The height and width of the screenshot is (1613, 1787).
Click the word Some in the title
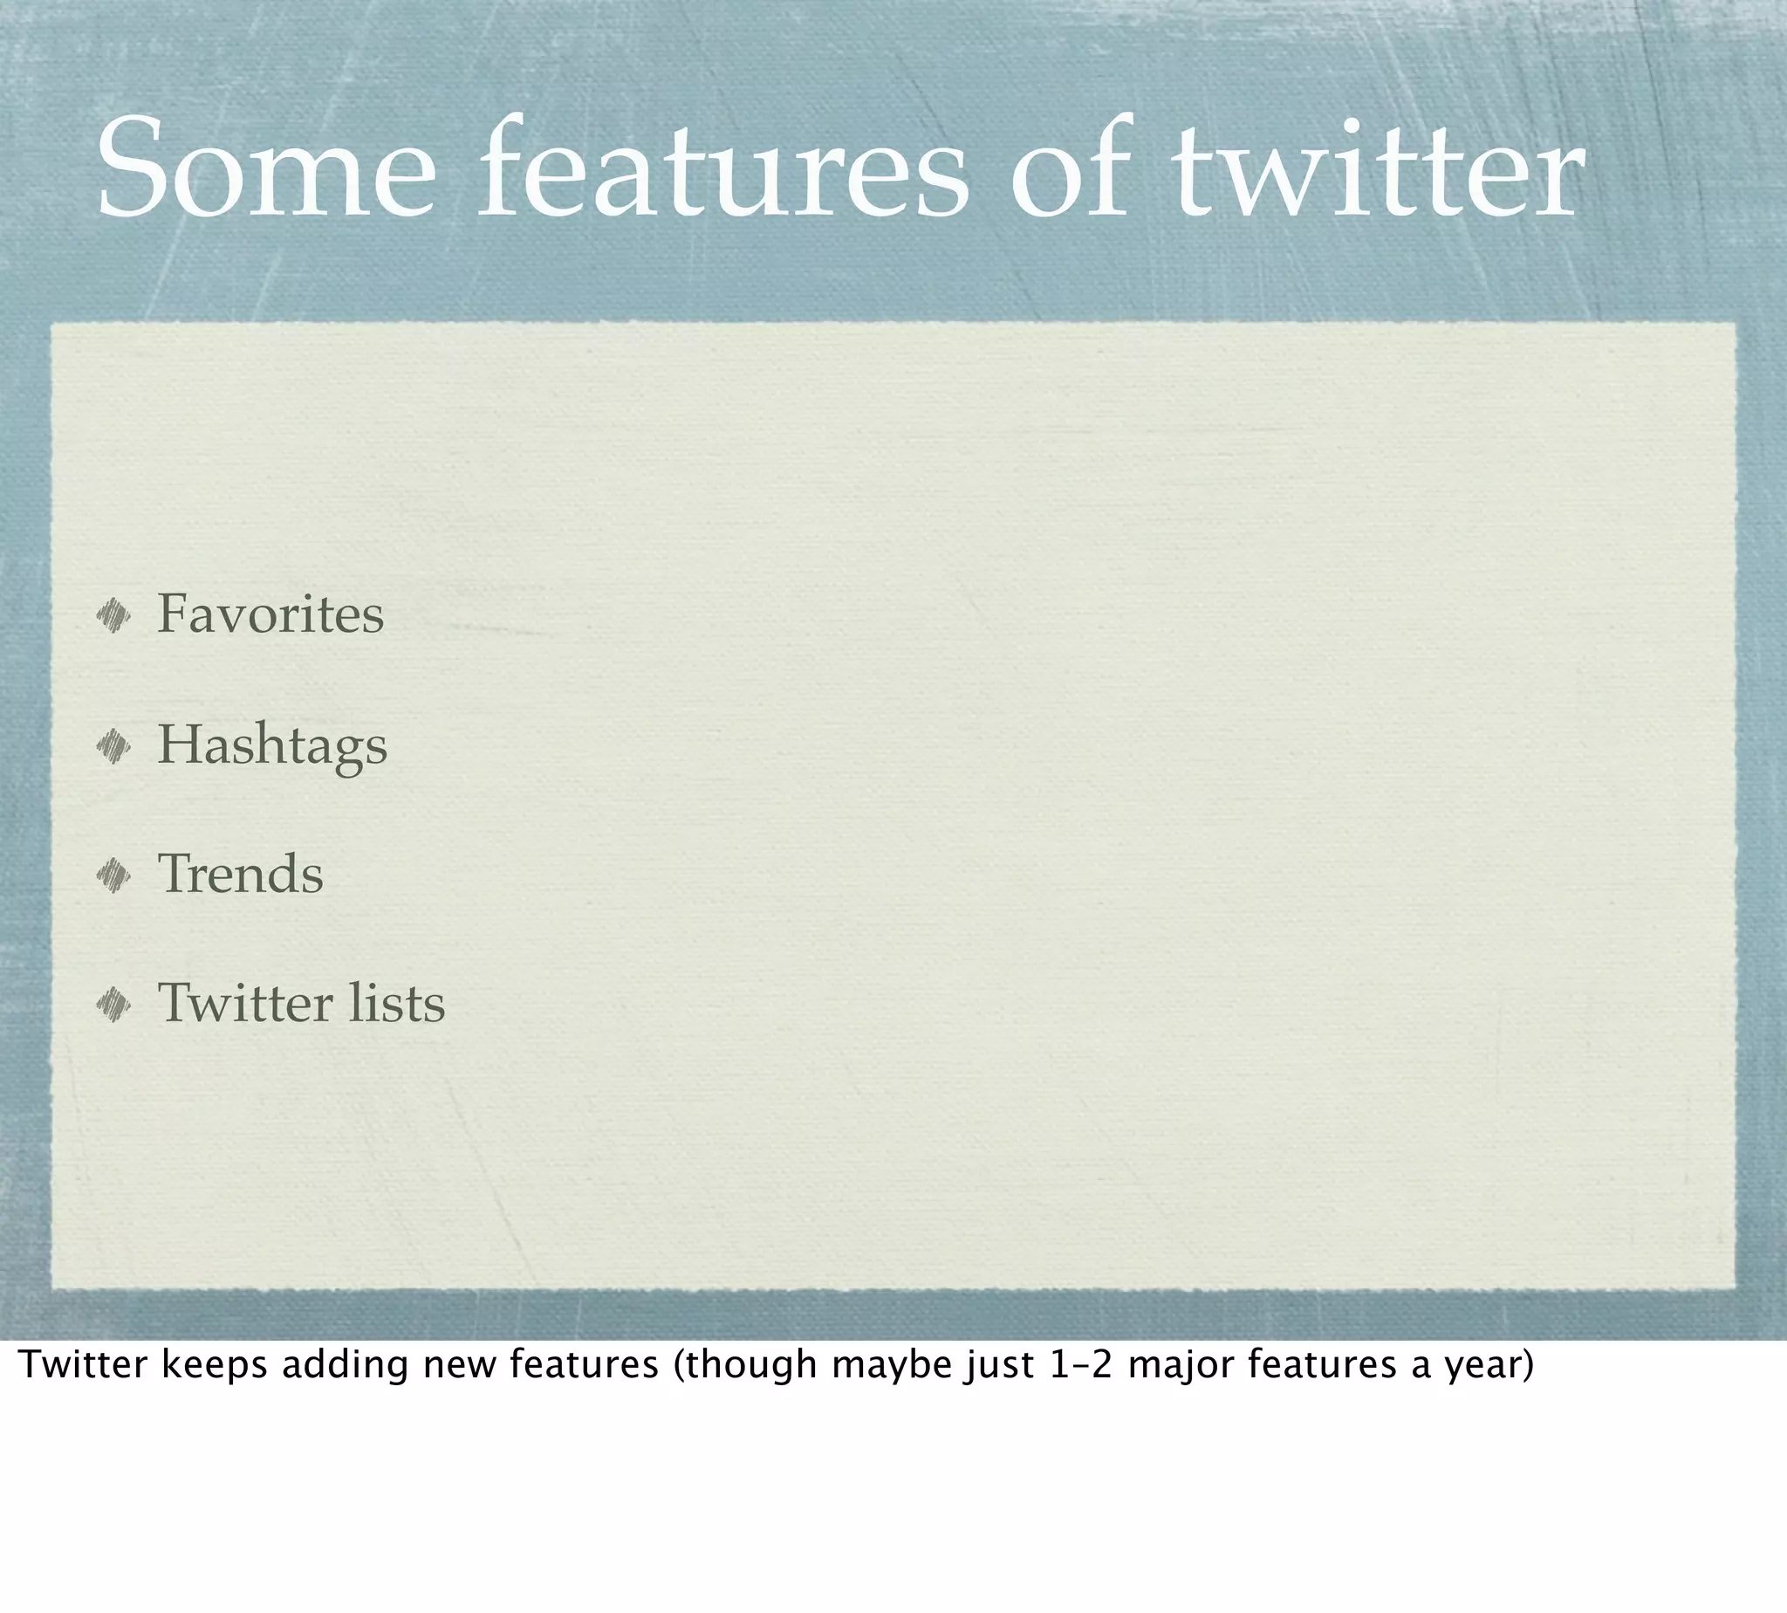click(x=266, y=168)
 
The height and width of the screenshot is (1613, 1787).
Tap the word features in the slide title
click(x=723, y=168)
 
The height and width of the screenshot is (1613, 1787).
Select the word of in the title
click(x=1072, y=168)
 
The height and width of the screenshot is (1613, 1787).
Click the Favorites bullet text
click(x=270, y=614)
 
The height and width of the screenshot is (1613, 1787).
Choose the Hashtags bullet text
click(x=272, y=745)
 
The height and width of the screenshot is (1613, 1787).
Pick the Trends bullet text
click(x=240, y=874)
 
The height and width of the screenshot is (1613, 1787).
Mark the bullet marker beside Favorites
click(x=113, y=615)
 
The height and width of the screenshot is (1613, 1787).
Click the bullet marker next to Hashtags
click(x=113, y=745)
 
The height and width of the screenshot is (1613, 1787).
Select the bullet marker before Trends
click(x=113, y=875)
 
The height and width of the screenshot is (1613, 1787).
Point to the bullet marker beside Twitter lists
click(x=113, y=1005)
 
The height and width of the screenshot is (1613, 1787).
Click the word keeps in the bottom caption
click(x=214, y=1366)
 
